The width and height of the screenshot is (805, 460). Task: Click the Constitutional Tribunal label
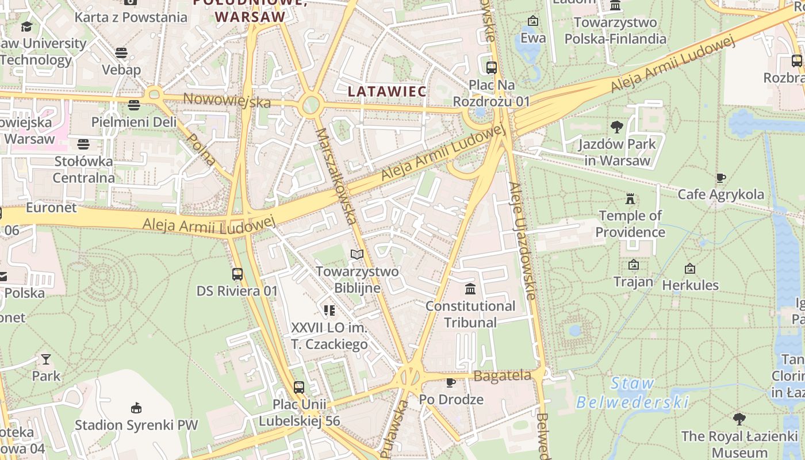pos(470,314)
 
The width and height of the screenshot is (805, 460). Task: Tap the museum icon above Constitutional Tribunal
pos(470,288)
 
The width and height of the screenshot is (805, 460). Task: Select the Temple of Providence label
pos(630,224)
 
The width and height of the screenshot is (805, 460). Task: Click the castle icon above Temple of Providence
pos(630,199)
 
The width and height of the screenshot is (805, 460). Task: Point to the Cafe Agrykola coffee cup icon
pos(721,178)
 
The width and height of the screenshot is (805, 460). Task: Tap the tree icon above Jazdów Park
pos(617,126)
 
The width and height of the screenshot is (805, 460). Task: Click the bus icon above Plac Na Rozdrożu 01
pos(492,67)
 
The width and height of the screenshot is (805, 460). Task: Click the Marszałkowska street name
pos(336,175)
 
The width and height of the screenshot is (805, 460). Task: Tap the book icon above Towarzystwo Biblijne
pos(357,254)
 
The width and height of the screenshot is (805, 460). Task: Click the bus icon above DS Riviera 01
pos(237,274)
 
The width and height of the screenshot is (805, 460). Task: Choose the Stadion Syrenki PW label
pos(136,425)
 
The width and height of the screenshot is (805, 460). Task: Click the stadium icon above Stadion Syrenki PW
pos(136,408)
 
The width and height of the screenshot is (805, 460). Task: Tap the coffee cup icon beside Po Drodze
pos(451,382)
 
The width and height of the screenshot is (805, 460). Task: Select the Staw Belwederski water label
pos(632,393)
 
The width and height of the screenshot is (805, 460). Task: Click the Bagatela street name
pos(502,376)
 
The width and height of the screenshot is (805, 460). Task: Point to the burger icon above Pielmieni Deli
pos(134,105)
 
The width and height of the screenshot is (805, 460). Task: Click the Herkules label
pos(690,285)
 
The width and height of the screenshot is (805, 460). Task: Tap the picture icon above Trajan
pos(634,264)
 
